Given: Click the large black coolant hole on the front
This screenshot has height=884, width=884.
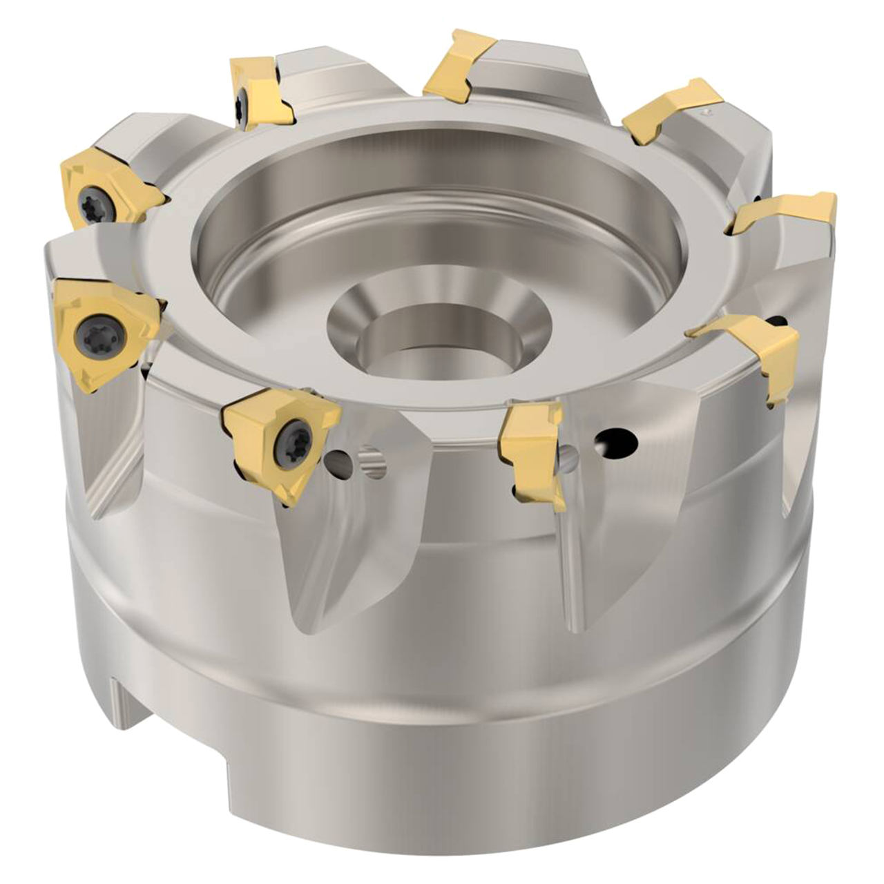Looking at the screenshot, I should [616, 442].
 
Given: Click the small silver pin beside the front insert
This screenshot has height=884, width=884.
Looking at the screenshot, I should [371, 461].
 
